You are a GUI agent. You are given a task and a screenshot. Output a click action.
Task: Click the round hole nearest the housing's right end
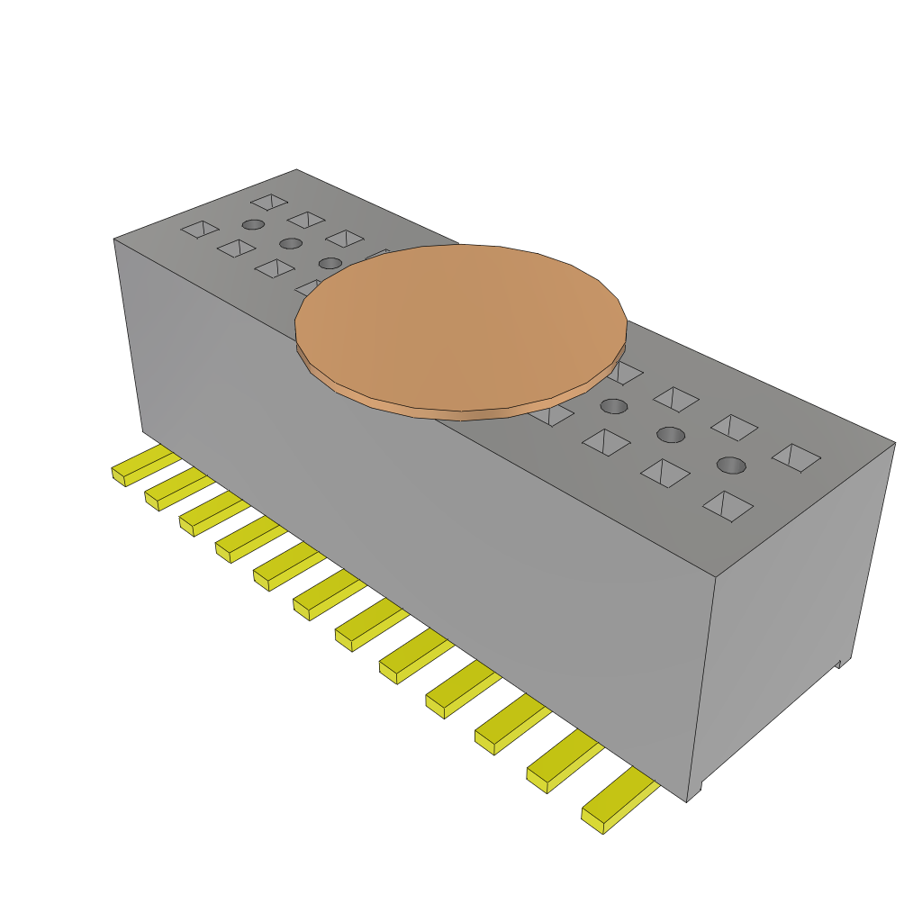tap(731, 465)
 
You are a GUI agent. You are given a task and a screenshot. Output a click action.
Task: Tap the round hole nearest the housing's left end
tap(254, 223)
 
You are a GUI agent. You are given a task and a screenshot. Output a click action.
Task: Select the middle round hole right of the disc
tap(671, 435)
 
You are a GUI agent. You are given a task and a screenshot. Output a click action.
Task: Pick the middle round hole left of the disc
tap(290, 243)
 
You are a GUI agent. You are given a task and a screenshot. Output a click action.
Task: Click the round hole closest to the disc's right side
tap(613, 405)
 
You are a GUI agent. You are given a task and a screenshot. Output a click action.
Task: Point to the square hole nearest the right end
tap(796, 457)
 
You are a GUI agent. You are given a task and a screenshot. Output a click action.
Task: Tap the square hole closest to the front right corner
tap(728, 506)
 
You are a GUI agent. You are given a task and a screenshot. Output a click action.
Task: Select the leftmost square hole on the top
tap(200, 230)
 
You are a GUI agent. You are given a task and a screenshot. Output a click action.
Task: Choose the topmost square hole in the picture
tap(269, 202)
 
